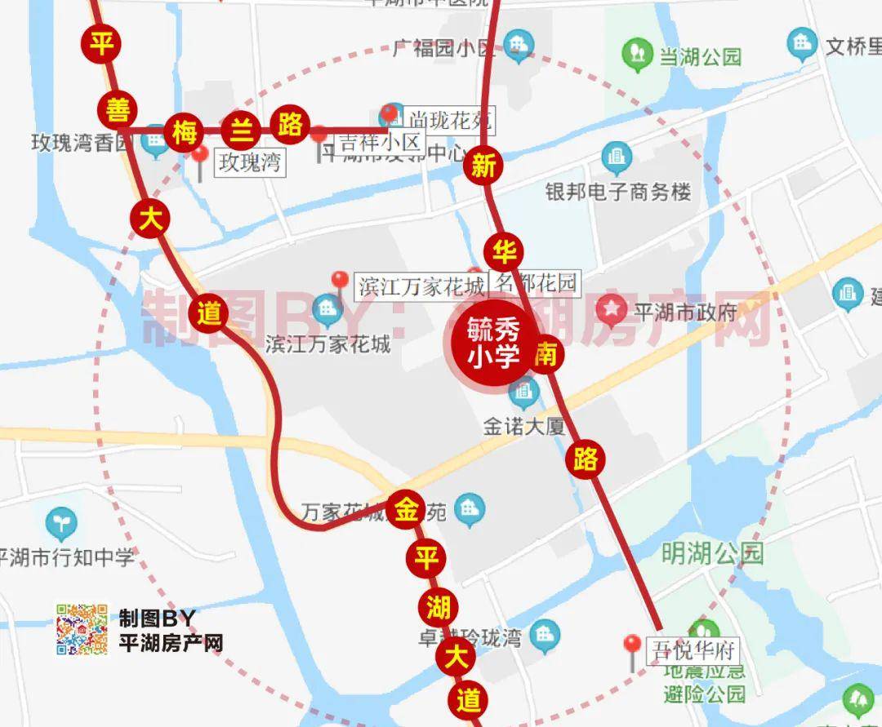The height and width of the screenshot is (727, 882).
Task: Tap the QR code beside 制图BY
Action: coord(82,629)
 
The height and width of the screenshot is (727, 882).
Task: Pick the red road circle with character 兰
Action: coord(239,128)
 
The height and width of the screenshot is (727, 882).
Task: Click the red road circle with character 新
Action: coord(483,167)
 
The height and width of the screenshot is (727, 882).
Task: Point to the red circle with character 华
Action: coord(505,251)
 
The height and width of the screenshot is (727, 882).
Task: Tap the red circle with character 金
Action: coord(406,510)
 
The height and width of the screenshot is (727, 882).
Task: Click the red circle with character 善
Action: coord(118,109)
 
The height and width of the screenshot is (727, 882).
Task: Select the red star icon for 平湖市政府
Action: coord(610,311)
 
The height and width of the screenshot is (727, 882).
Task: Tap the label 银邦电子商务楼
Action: coord(618,192)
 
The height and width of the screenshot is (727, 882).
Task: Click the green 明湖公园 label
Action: coord(712,554)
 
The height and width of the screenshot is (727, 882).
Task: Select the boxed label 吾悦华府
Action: coord(693,651)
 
